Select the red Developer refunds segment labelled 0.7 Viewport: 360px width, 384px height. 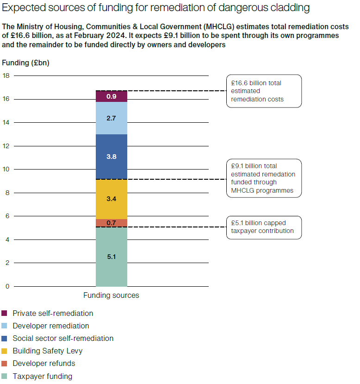111,223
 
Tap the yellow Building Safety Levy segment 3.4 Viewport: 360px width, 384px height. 111,199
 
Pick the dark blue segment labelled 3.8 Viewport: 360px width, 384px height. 111,157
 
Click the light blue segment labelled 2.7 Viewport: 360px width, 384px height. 111,118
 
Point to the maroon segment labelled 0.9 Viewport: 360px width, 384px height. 111,96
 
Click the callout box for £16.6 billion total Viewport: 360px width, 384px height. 263,91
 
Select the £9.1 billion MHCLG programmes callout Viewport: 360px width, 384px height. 263,178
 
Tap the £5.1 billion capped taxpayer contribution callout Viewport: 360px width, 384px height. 263,227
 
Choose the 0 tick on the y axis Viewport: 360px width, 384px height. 7,286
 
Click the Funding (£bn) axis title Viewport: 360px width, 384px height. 25,63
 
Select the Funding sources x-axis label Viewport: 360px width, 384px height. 111,295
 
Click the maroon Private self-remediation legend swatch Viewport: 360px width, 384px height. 5,314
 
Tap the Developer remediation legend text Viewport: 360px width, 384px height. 51,326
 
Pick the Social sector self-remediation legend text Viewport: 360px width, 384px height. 63,339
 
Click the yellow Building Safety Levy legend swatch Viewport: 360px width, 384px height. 5,351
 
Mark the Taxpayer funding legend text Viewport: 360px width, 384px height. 43,376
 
